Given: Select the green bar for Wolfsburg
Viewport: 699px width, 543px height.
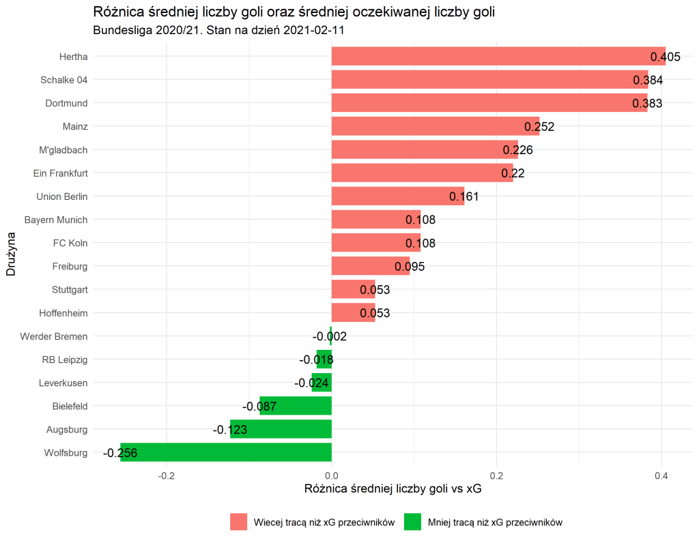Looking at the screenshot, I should (x=226, y=452).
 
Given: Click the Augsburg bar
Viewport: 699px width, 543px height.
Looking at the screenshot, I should (x=281, y=429).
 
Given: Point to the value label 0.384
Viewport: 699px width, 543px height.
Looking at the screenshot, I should (x=648, y=80).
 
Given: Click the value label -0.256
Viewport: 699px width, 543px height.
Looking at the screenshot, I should (x=120, y=453).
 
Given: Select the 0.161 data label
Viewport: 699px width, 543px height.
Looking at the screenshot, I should (x=464, y=197).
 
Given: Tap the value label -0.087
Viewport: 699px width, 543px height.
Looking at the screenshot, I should (x=259, y=407).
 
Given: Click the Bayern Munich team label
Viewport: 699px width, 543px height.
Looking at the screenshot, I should (x=55, y=220).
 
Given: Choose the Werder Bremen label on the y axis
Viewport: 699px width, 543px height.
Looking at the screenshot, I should (x=54, y=336).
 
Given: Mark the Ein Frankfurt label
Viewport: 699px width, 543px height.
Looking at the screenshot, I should (x=60, y=173).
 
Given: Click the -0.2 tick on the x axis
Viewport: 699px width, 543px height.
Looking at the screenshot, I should (x=166, y=475).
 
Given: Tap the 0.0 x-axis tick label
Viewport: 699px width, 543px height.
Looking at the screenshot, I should (x=332, y=475).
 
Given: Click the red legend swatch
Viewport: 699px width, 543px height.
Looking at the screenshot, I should (x=239, y=522).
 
